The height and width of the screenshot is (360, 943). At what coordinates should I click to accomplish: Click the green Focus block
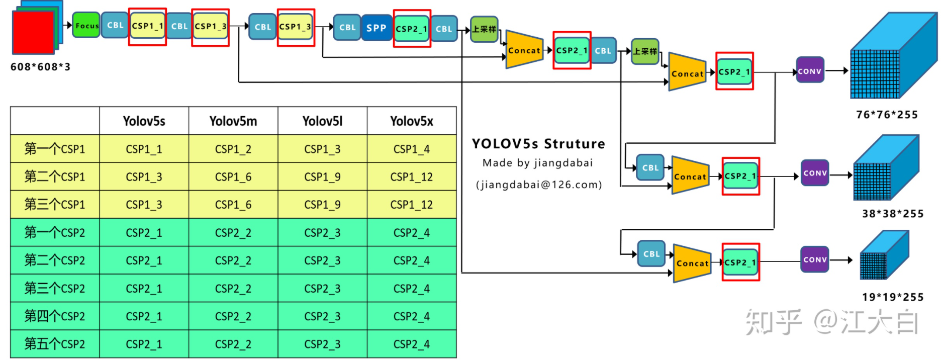click(86, 26)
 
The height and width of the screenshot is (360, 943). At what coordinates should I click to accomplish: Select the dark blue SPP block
click(376, 28)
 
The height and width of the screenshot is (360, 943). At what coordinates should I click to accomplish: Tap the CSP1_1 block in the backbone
click(147, 26)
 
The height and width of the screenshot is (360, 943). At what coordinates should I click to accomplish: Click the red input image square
click(33, 32)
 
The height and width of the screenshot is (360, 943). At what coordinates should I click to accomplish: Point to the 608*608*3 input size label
click(40, 67)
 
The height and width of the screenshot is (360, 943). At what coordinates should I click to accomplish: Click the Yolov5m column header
click(233, 121)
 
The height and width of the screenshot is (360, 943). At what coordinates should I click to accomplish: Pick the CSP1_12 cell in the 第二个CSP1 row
click(411, 177)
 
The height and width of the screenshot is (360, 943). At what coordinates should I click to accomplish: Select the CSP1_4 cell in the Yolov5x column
click(411, 149)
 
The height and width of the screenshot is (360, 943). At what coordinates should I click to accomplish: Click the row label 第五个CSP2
click(55, 344)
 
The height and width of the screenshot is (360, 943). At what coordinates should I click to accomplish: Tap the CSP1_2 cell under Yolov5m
click(233, 149)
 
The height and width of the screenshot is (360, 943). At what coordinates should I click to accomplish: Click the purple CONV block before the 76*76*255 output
click(809, 71)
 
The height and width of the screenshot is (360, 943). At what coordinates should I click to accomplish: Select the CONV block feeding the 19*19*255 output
click(814, 259)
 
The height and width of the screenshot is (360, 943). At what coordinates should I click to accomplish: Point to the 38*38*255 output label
click(893, 214)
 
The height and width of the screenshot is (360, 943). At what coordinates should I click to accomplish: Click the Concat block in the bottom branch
click(692, 263)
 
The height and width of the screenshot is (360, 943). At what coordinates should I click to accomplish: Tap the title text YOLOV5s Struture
click(538, 144)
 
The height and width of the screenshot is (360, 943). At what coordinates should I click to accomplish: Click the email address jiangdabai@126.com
click(538, 185)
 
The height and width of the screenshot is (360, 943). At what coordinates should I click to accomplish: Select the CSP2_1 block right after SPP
click(411, 29)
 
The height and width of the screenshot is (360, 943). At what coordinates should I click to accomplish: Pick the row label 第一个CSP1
click(55, 149)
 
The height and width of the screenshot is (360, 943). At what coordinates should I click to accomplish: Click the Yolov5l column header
click(322, 121)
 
